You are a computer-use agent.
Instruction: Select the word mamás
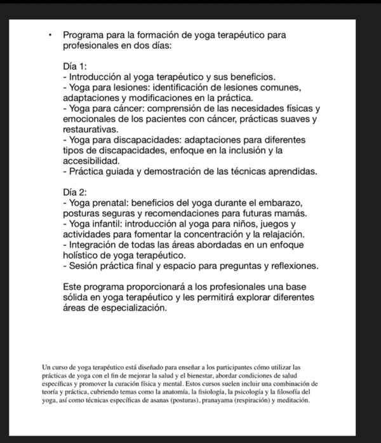point(291,213)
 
